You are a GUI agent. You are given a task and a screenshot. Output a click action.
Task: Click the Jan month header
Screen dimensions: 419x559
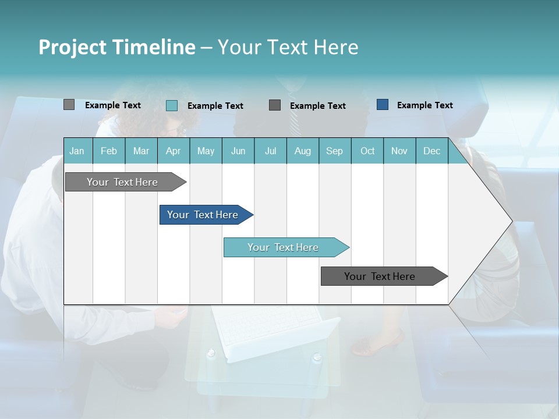pos(77,151)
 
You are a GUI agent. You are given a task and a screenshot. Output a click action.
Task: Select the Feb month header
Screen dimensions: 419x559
pos(109,151)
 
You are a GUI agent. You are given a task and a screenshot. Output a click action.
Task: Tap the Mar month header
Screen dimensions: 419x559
pos(141,151)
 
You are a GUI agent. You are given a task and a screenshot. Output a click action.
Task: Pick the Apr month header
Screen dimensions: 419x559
pos(173,151)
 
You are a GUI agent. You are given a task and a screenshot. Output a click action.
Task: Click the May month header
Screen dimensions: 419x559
pos(206,151)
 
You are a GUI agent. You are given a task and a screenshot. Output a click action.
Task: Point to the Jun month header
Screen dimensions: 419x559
pos(238,151)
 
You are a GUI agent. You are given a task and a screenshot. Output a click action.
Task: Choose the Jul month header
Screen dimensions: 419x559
pos(270,151)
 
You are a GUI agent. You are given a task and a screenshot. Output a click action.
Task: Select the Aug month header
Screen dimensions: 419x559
pos(302,151)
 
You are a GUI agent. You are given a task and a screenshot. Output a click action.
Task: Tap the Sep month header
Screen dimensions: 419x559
pos(334,151)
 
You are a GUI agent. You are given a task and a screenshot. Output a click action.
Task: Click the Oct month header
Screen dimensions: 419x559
pos(367,151)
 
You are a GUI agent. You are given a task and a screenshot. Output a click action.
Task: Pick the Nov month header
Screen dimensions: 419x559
pos(399,151)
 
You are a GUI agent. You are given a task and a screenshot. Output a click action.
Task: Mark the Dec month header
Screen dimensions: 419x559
pos(431,151)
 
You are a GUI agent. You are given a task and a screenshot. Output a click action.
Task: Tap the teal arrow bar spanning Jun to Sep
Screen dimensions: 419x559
pos(284,247)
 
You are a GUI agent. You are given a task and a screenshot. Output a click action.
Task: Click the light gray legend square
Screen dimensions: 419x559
pos(69,105)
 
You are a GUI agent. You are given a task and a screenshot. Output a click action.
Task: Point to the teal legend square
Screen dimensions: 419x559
pos(172,105)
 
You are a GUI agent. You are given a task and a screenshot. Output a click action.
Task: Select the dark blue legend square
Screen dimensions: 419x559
pos(383,105)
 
